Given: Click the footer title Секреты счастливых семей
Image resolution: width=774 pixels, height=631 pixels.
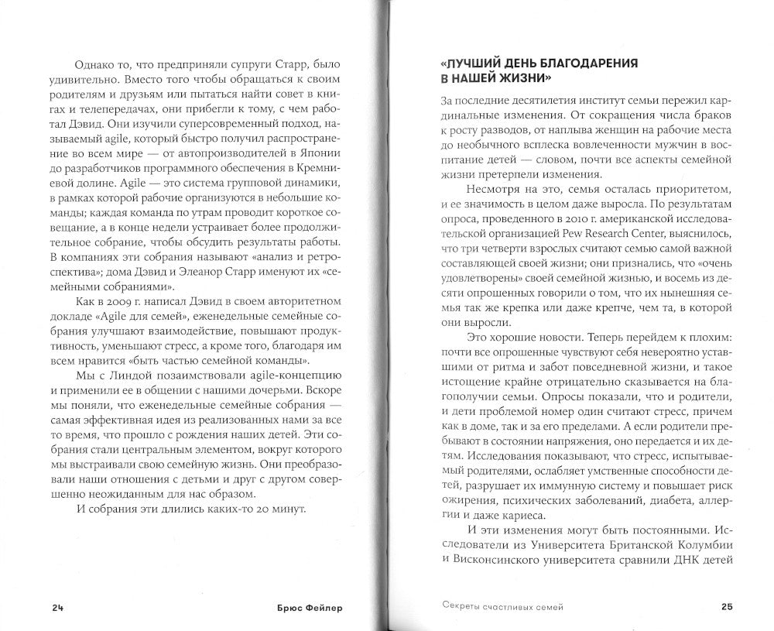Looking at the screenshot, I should [496, 606].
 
